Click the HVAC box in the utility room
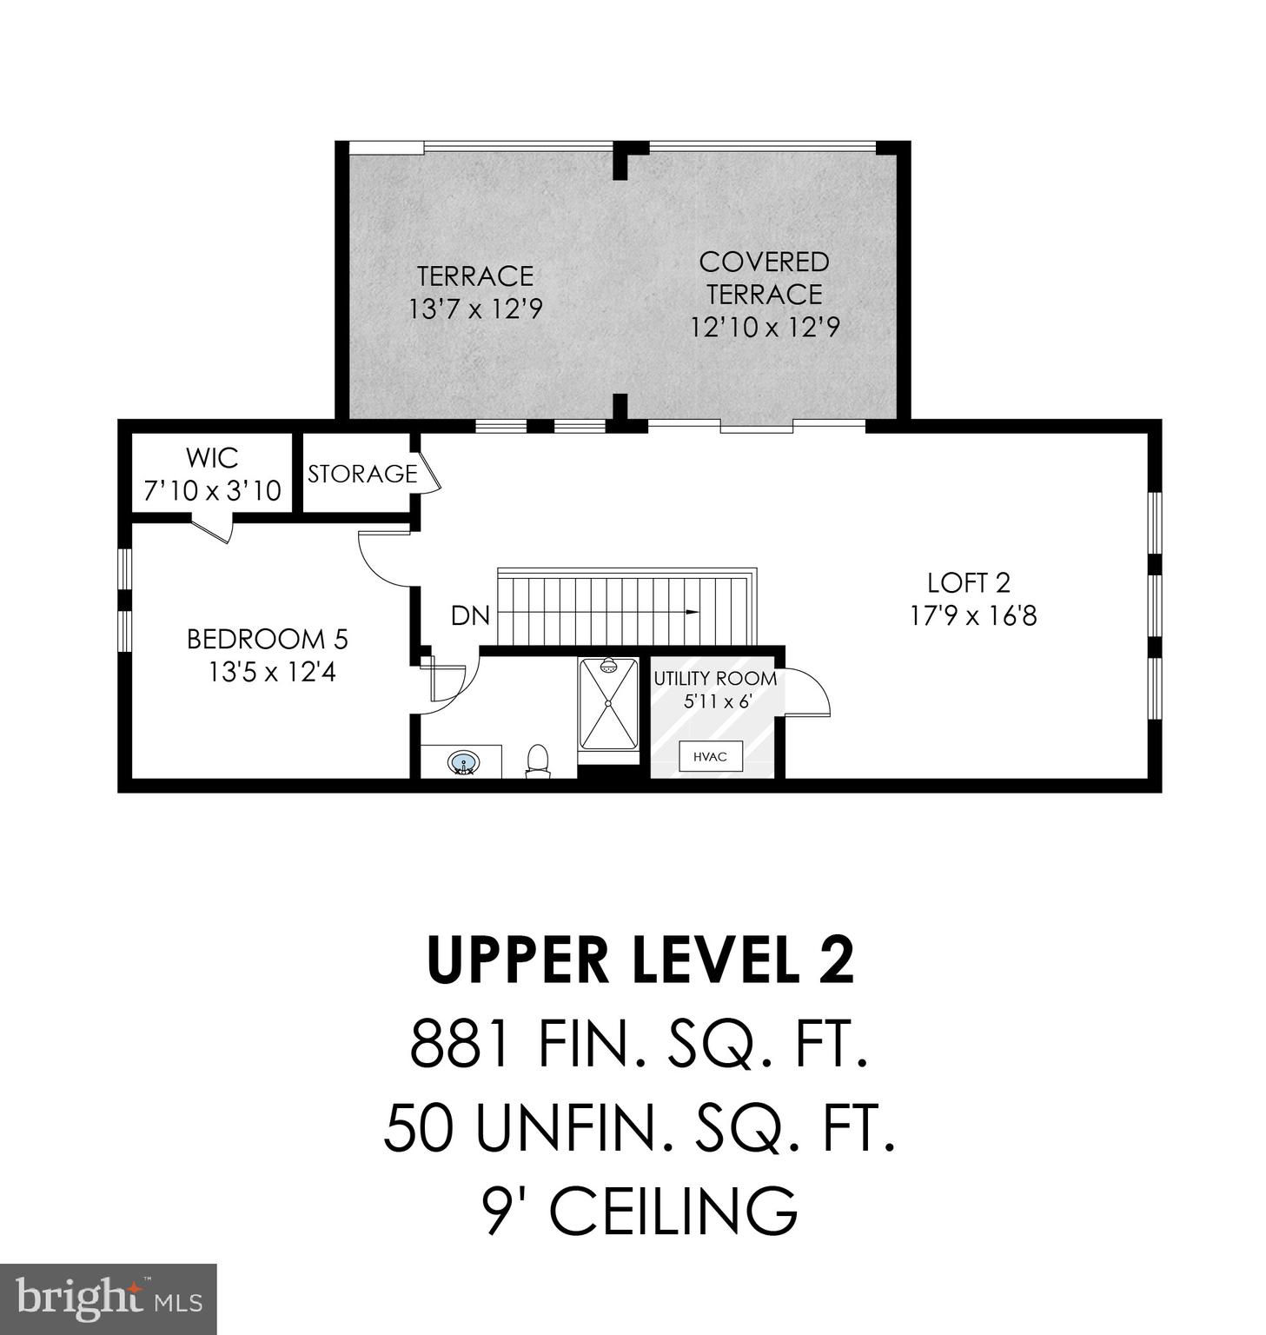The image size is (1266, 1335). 710,756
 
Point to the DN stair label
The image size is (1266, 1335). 470,616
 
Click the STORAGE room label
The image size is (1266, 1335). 362,474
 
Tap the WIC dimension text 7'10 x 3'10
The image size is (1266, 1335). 212,491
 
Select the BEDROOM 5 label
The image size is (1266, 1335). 268,640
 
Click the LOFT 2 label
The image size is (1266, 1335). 969,582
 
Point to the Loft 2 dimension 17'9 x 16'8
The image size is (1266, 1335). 973,616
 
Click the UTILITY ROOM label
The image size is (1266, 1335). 715,678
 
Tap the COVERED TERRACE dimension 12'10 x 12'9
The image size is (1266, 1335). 765,328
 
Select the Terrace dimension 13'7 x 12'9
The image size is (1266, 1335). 475,309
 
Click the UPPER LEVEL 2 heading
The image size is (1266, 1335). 640,960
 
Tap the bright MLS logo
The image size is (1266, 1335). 109,1300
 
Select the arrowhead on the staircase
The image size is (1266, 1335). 692,612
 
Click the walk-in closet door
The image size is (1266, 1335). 211,528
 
